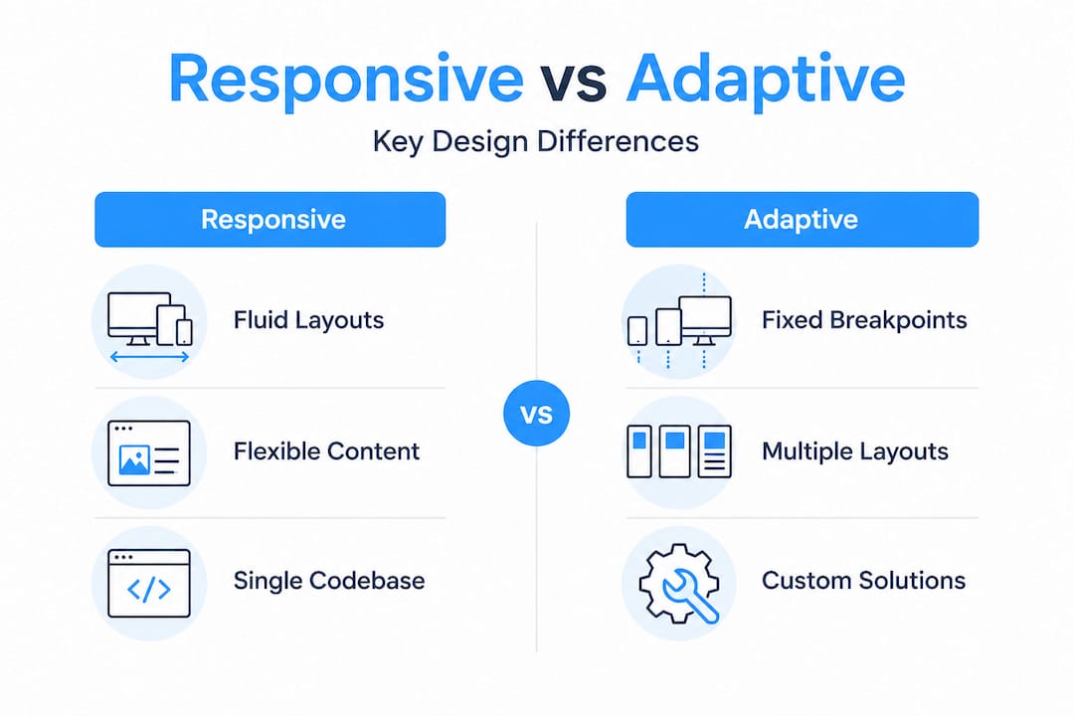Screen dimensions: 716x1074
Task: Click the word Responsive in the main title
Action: pyautogui.click(x=345, y=80)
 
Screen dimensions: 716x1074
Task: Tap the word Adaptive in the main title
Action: pyautogui.click(x=766, y=80)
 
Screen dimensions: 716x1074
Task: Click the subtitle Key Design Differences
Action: pyautogui.click(x=536, y=141)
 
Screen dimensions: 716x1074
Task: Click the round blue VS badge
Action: pyautogui.click(x=537, y=413)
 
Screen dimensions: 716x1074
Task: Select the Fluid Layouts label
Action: pyautogui.click(x=308, y=320)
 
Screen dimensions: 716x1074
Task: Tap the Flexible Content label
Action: pyautogui.click(x=326, y=451)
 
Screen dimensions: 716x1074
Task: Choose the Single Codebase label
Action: pyautogui.click(x=328, y=581)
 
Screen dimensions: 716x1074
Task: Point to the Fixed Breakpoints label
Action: pyautogui.click(x=864, y=320)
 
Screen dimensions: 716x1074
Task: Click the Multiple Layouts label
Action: pyautogui.click(x=855, y=451)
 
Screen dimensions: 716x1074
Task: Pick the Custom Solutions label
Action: pyautogui.click(x=863, y=581)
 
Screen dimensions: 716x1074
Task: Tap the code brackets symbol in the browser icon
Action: pyautogui.click(x=149, y=590)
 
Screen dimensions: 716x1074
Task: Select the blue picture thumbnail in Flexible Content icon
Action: pyautogui.click(x=133, y=459)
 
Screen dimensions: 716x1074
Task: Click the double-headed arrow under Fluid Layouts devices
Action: pyautogui.click(x=149, y=355)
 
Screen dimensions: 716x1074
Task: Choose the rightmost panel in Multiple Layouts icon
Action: pyautogui.click(x=714, y=452)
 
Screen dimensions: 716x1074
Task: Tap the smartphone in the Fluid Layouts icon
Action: pyautogui.click(x=183, y=331)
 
